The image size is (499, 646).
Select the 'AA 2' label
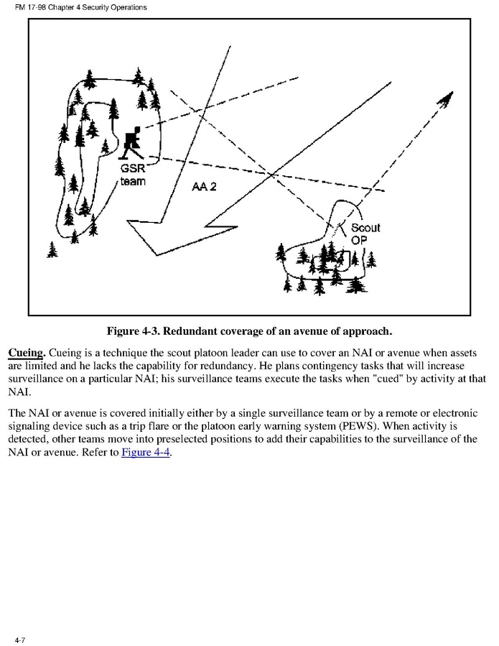point(205,187)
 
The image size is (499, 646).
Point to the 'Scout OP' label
point(364,234)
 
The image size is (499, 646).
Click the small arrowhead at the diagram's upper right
point(447,101)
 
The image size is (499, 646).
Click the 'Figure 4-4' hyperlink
point(146,453)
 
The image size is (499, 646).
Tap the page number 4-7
point(19,638)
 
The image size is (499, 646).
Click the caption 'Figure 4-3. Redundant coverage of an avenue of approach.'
point(249,331)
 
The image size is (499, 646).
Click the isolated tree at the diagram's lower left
point(52,249)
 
